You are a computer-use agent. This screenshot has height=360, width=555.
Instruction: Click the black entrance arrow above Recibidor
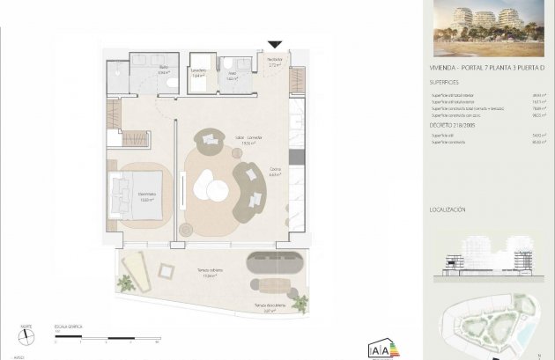pos(275,44)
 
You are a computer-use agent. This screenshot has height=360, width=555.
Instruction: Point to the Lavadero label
pos(199,73)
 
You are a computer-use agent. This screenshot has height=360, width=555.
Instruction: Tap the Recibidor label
pos(274,62)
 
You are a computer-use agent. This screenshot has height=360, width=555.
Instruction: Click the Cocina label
pos(274,173)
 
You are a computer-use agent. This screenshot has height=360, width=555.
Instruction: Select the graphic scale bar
pos(106,337)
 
